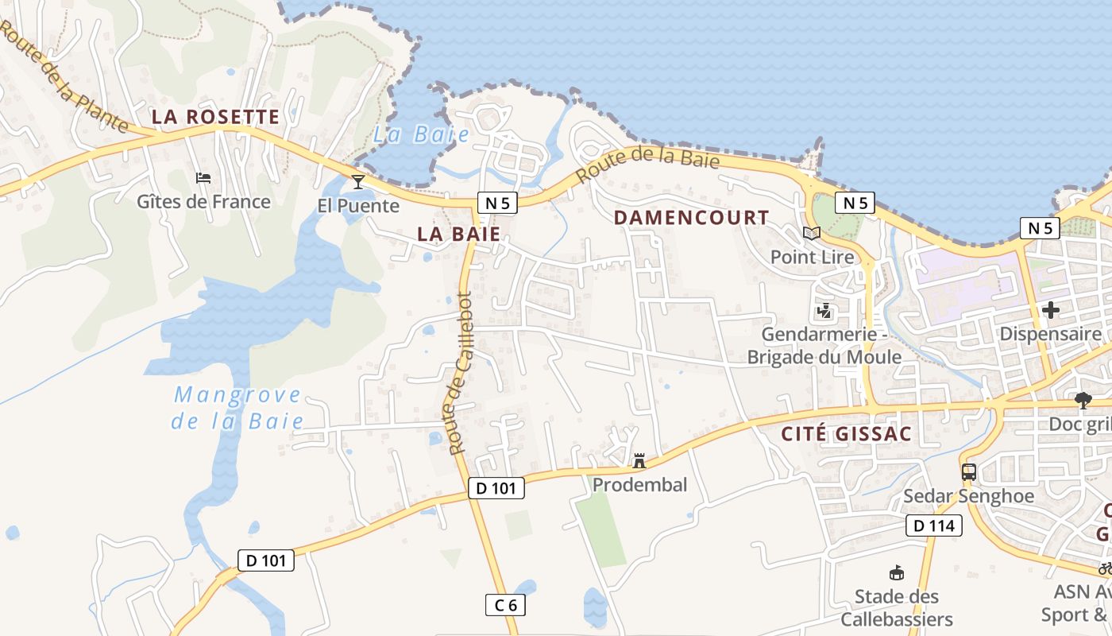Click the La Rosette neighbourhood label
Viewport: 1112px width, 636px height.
215,117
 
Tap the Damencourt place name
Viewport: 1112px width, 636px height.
691,217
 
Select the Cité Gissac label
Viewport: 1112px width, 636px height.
846,434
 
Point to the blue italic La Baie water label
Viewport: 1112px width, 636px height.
421,134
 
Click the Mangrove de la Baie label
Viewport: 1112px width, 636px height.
237,407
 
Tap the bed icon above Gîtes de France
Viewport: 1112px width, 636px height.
203,178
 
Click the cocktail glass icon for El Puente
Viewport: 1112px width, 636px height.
358,182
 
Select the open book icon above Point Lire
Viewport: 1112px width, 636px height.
811,233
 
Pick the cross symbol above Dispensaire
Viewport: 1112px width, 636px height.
1051,309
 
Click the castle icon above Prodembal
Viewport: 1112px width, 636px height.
639,461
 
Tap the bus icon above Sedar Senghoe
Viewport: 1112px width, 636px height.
969,471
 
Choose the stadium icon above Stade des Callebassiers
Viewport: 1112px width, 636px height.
897,572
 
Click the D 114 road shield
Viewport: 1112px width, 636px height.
934,525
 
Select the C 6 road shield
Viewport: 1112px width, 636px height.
505,605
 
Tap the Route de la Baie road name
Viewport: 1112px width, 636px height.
647,165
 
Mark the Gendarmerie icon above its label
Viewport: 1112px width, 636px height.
824,310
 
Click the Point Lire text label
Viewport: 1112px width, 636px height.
813,257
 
